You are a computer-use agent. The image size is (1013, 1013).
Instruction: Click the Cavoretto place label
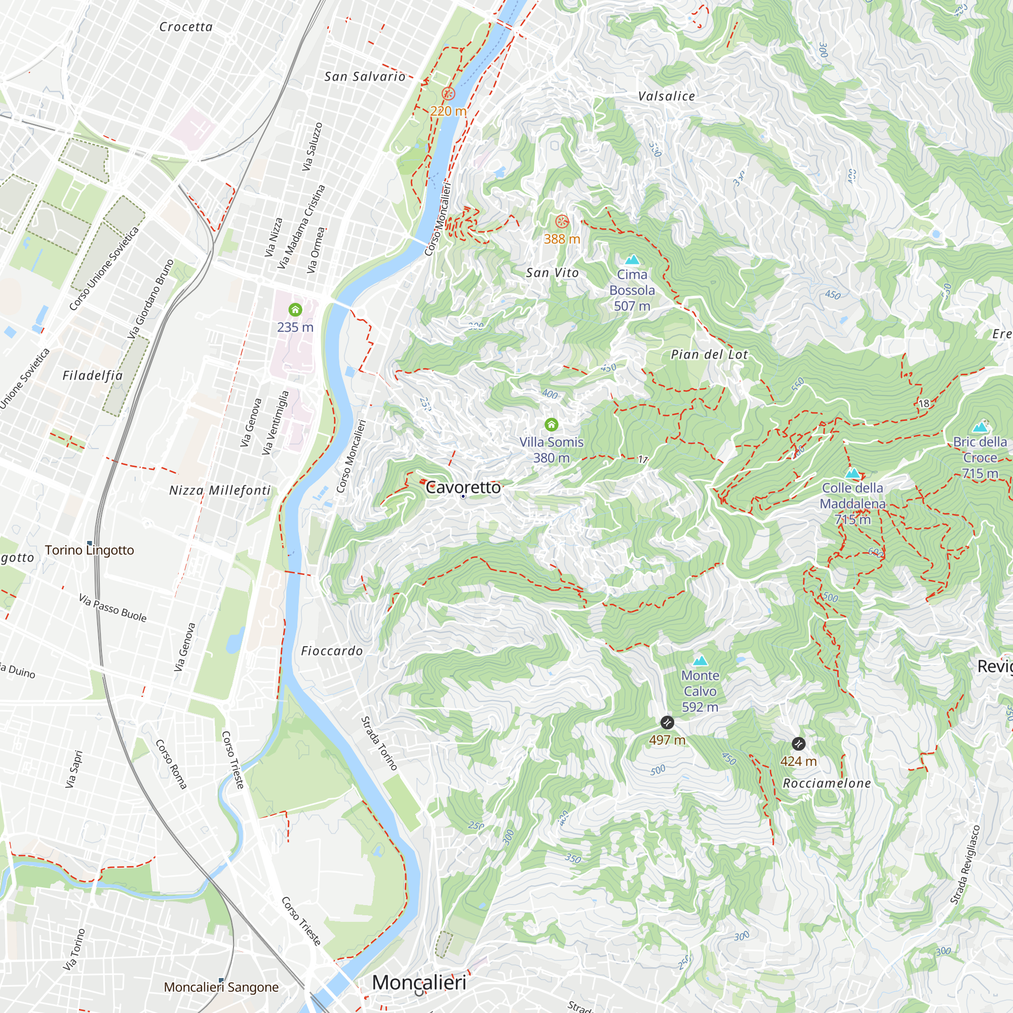pos(463,488)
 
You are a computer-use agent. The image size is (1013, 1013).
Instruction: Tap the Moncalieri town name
pos(419,982)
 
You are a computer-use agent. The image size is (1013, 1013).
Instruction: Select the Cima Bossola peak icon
pos(632,259)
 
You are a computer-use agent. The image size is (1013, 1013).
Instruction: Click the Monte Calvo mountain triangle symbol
pos(700,660)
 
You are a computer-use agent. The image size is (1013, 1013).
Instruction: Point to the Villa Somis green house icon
pos(551,424)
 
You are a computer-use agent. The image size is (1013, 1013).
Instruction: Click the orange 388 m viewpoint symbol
pos(562,221)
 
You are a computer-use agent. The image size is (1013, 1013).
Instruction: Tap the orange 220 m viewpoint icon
pos(448,94)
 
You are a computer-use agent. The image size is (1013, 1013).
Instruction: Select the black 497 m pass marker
pos(667,723)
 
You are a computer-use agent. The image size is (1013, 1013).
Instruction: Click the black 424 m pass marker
pos(798,744)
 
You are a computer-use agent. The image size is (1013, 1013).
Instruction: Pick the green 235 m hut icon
pos(295,310)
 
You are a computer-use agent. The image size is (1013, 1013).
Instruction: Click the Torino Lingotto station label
pos(89,550)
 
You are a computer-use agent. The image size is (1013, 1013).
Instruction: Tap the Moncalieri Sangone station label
pos(221,987)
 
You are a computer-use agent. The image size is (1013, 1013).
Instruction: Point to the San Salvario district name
pos(365,76)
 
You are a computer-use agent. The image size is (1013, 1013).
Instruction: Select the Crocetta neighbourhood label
pos(185,27)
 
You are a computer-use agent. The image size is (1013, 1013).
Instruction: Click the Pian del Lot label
pos(710,355)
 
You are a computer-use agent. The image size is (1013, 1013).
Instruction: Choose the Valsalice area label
pos(667,96)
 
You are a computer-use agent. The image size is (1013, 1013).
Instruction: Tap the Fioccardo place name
pos(332,651)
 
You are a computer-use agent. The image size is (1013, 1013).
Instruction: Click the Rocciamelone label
pos(826,784)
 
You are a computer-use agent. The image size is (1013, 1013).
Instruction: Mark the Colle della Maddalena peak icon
pos(852,474)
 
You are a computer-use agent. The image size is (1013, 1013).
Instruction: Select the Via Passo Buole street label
pos(113,608)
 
